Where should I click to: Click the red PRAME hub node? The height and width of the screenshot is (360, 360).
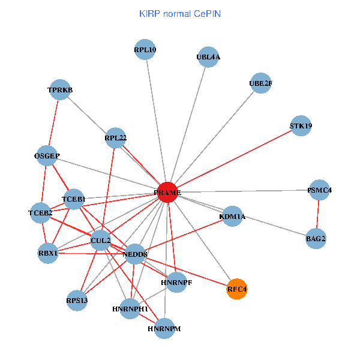pos(167,192)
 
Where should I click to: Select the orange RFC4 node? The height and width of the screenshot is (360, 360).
pos(237,289)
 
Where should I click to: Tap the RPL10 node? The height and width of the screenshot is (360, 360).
pos(145,50)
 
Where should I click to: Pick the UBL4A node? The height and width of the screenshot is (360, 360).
pos(208,58)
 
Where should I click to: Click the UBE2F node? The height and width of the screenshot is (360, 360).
pos(260,84)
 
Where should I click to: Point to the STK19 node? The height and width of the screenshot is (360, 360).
pos(301,126)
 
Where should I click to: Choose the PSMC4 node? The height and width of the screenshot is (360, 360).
pos(319,190)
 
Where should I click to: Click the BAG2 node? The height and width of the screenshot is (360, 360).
pos(316,239)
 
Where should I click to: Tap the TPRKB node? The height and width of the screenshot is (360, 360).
pos(60,90)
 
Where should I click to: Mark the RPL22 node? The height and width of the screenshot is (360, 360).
pos(115,138)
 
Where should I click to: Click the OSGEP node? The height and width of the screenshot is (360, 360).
pos(47,156)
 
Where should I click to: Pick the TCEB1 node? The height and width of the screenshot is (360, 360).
pos(73,199)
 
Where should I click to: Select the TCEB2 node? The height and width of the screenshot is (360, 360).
pos(40,213)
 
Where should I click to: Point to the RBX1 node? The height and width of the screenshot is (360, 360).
pos(47,253)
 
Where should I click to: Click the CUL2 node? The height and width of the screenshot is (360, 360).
pos(100,241)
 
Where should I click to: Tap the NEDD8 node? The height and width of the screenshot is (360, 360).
pos(134,254)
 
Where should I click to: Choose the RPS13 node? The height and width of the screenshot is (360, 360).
pos(77,300)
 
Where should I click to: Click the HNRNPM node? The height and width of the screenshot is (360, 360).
pos(164,329)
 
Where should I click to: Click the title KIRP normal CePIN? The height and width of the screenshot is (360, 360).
pos(180,13)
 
